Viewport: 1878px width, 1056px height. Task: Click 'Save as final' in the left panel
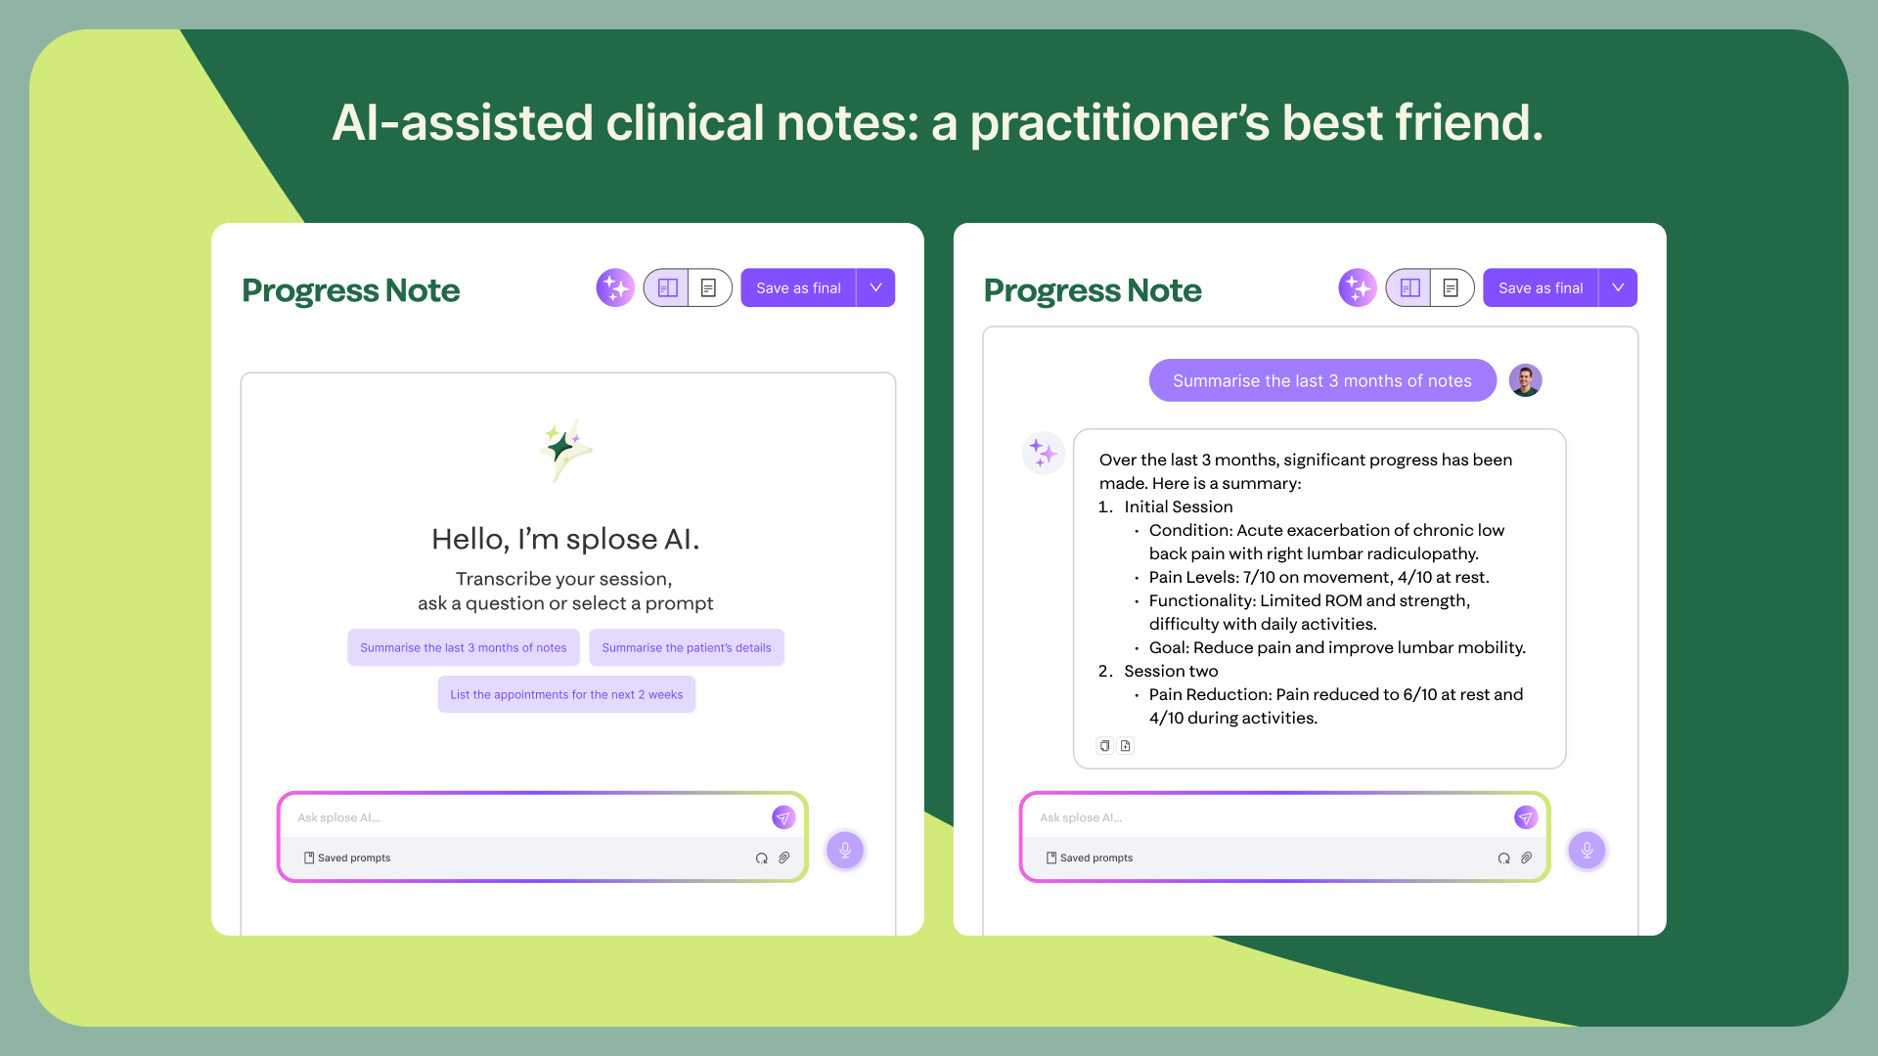798,288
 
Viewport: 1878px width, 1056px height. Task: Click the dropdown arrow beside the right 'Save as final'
1618,288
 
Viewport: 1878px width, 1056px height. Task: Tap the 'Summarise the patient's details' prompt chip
686,648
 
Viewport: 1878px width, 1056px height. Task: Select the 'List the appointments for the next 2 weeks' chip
566,695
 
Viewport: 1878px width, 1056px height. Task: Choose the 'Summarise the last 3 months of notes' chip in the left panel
463,648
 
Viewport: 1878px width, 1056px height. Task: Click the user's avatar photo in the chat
1525,380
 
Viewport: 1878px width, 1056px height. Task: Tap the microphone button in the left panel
845,850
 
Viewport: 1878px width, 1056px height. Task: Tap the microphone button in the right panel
1587,850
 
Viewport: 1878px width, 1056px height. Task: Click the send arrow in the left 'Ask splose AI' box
783,817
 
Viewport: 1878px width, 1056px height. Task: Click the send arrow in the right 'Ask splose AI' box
1525,817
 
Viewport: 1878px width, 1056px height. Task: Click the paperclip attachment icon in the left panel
784,858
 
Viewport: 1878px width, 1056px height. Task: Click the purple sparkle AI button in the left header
615,288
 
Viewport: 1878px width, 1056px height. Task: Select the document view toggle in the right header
1452,288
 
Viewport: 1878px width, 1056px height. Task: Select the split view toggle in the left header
668,288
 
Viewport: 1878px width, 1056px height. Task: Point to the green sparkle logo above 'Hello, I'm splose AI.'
564,450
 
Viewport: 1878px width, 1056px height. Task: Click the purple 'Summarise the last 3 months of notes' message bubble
1321,381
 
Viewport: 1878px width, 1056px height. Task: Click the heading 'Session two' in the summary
1171,672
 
